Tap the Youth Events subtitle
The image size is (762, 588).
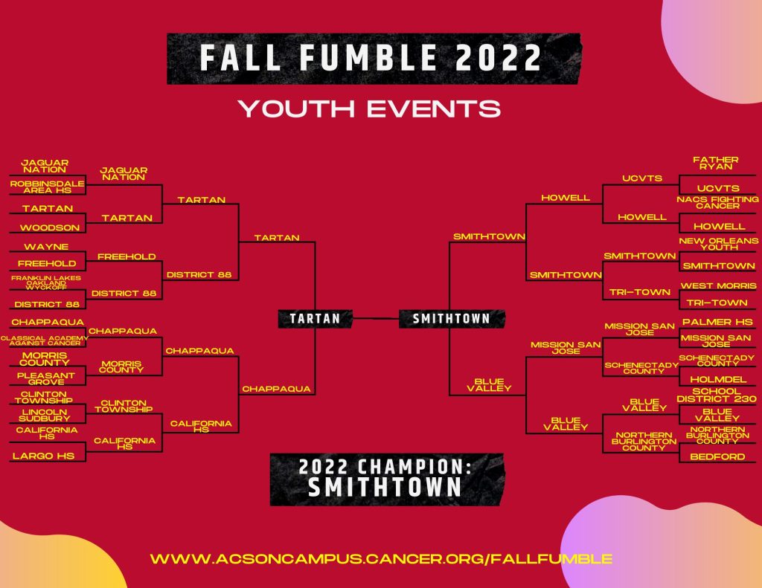(x=369, y=109)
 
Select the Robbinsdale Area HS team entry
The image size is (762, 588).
(x=47, y=187)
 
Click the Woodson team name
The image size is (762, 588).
(x=50, y=227)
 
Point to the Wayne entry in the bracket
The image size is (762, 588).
(x=46, y=247)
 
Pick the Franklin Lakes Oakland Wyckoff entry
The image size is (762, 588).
(x=46, y=282)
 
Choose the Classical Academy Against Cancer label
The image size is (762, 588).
(x=45, y=340)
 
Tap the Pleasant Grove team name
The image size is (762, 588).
(x=45, y=378)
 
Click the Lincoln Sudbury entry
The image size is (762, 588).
(x=45, y=415)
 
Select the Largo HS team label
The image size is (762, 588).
(x=43, y=456)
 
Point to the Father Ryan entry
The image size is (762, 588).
(x=716, y=163)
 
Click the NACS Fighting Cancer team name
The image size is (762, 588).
(x=717, y=202)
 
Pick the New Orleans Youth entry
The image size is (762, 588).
(x=719, y=244)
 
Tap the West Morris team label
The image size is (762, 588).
(x=719, y=286)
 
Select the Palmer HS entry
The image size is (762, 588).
(x=717, y=322)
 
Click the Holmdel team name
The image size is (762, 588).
(x=718, y=380)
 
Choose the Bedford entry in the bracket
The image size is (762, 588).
(x=717, y=456)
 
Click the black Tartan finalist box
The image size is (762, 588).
(x=315, y=318)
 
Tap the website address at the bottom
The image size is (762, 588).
(x=381, y=558)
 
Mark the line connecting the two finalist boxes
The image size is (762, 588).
(x=376, y=318)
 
